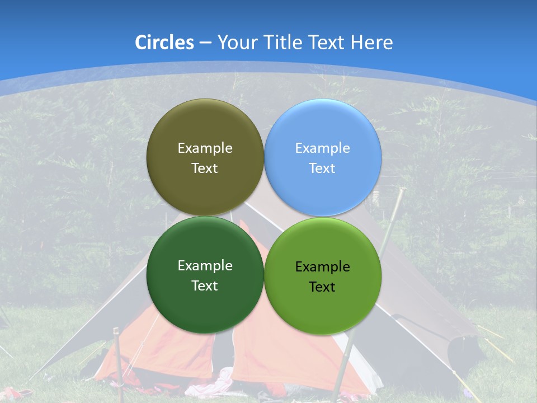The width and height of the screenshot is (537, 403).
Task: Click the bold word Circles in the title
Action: (164, 43)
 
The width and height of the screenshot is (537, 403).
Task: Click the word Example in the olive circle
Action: (205, 148)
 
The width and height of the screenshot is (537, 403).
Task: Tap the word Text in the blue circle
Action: (322, 168)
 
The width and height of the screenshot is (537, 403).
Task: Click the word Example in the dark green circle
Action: (205, 266)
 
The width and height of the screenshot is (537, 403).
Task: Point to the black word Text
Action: (322, 287)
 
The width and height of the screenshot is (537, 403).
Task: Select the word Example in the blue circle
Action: (322, 148)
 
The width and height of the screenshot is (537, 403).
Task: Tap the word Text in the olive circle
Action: (205, 168)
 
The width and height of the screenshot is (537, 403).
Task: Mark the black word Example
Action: (322, 266)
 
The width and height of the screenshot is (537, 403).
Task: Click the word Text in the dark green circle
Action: (205, 285)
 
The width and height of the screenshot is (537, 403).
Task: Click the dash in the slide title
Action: (205, 43)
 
